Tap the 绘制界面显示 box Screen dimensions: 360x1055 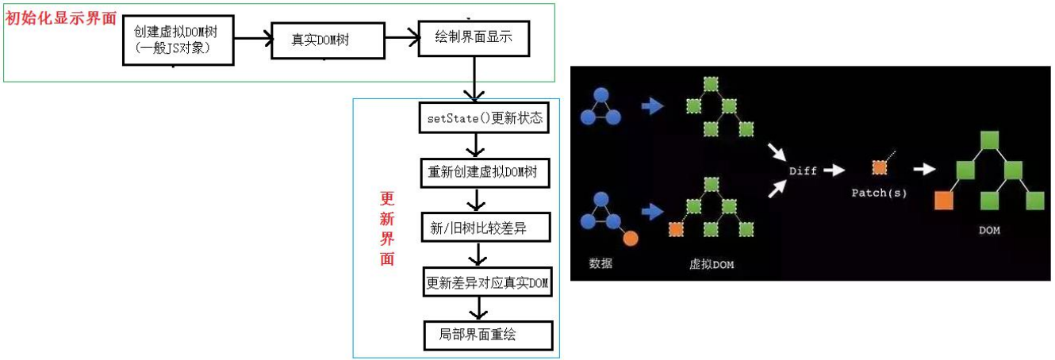tap(474, 36)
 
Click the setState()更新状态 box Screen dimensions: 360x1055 tap(483, 119)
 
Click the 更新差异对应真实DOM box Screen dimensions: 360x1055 tap(487, 282)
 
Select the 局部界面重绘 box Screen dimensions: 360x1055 tap(487, 335)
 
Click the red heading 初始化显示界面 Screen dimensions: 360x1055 tap(61, 18)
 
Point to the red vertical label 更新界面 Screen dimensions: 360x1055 tap(387, 228)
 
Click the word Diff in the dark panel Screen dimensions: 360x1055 tap(803, 170)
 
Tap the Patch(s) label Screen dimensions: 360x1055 tap(878, 193)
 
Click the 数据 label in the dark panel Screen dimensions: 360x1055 tap(600, 263)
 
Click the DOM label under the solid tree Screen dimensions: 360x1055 tap(988, 230)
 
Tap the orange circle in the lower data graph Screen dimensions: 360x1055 tap(631, 237)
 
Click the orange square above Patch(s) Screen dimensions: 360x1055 tap(879, 167)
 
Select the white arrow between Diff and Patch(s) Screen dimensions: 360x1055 tap(834, 169)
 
